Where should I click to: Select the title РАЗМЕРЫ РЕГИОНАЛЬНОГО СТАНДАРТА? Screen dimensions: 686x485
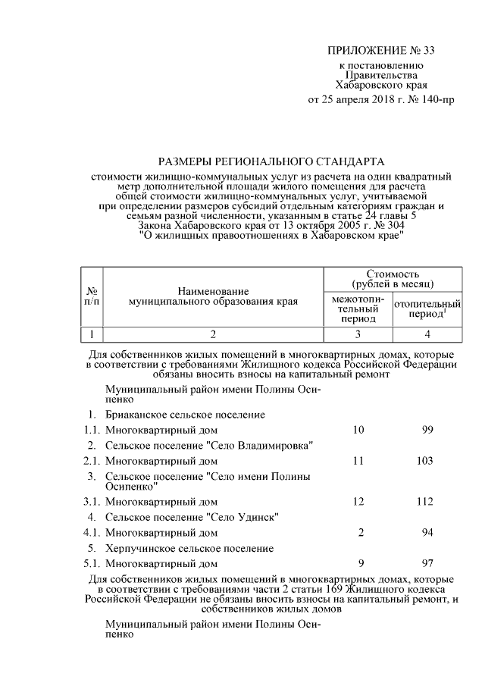271,161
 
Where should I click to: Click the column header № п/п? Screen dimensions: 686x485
91,296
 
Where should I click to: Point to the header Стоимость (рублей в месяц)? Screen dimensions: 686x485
393,278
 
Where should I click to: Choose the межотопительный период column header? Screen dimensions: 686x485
358,309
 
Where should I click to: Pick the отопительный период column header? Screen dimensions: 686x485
427,309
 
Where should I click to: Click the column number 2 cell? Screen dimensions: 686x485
213,334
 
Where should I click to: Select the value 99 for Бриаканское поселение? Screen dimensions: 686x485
427,430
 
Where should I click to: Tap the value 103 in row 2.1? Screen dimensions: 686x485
424,460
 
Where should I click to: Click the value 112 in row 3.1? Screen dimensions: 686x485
424,501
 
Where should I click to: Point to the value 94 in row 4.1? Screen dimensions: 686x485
427,533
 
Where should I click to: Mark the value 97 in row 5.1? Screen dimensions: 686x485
427,563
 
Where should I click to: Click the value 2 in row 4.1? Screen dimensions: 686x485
361,533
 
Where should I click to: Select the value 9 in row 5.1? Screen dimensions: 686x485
361,563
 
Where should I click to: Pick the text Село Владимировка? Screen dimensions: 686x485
258,445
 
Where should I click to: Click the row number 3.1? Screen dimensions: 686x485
91,501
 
